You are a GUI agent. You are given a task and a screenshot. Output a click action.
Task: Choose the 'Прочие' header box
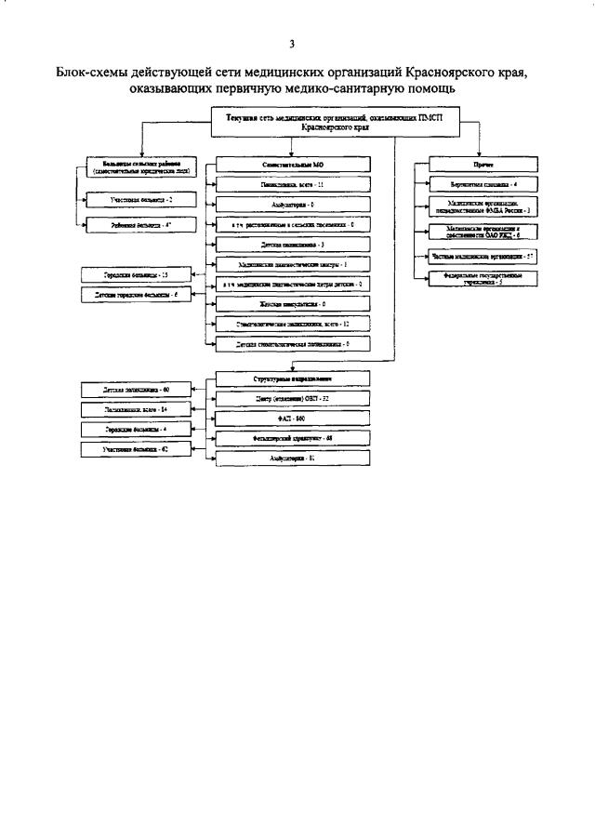click(483, 165)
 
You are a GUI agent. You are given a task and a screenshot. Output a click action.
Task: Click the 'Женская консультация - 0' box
click(292, 304)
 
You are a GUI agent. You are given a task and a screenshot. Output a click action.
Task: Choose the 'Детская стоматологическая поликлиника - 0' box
click(292, 344)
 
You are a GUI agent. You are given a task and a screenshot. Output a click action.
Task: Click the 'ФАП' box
click(292, 419)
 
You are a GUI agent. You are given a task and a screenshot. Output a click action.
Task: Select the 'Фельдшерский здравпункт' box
click(292, 439)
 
